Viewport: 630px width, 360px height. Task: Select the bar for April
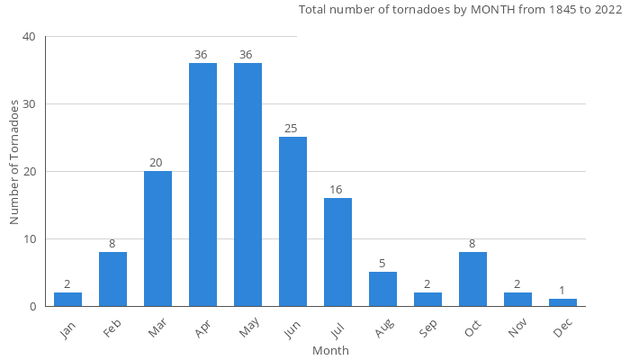(202, 184)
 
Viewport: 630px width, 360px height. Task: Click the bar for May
(247, 184)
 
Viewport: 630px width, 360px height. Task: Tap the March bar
(157, 238)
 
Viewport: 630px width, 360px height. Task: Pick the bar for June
(292, 221)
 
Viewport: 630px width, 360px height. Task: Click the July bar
(337, 252)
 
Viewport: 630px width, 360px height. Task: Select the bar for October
(472, 279)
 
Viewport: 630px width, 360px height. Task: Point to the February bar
(112, 279)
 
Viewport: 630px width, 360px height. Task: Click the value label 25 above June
(292, 129)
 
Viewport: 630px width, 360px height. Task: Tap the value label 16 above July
(337, 190)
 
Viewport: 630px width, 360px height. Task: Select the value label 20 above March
(157, 163)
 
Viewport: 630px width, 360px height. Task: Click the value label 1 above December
(562, 291)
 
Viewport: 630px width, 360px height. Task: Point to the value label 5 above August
(382, 264)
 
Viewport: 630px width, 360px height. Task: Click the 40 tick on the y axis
(30, 37)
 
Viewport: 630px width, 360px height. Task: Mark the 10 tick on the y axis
(30, 239)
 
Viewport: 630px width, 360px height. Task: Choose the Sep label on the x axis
(429, 329)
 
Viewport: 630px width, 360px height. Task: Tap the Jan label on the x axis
(69, 329)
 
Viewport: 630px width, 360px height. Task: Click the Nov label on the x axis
(519, 329)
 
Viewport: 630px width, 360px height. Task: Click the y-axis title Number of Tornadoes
(14, 163)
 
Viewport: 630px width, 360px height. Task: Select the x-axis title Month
(330, 350)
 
